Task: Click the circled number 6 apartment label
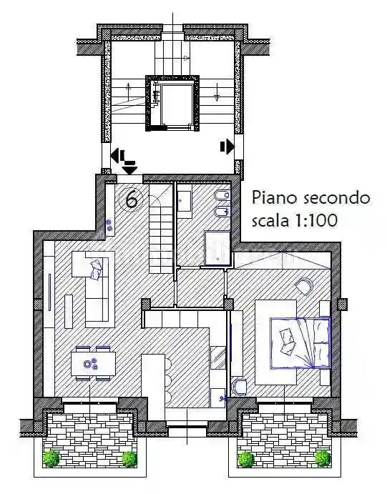pos(132,200)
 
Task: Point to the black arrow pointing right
pos(227,147)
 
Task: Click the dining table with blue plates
pos(93,363)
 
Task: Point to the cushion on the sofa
pos(97,268)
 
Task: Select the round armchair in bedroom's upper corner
pos(303,286)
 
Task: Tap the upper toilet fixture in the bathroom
pos(222,195)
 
